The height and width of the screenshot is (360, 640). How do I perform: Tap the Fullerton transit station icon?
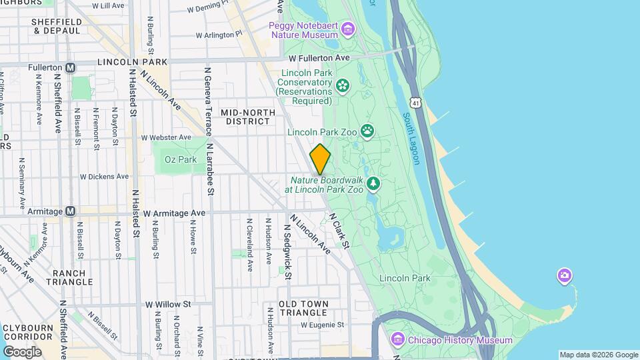point(71,68)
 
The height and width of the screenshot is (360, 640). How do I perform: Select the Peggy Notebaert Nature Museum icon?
point(347,29)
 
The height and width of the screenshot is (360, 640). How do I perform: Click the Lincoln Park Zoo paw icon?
point(367,131)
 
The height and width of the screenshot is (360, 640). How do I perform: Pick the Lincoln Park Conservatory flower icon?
point(343,85)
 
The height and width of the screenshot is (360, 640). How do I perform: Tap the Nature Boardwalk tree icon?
point(373,183)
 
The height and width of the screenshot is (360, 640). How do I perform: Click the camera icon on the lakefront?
point(564,275)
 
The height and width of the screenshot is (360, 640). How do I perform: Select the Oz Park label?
point(180,160)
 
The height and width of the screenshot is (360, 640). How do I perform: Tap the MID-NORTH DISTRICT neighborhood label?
point(245,117)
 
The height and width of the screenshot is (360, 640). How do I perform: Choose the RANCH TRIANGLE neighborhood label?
point(69,277)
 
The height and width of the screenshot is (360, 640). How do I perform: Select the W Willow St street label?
point(168,303)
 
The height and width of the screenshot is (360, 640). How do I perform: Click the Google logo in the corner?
point(22,351)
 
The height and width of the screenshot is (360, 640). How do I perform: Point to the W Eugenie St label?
point(322,325)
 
